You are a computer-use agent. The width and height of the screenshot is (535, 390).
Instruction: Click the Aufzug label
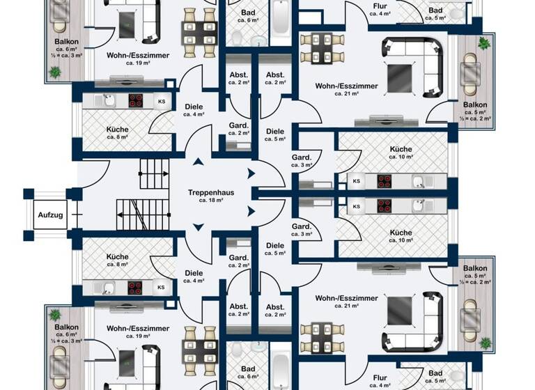50,215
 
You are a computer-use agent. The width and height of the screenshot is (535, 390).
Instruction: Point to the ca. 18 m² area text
209,201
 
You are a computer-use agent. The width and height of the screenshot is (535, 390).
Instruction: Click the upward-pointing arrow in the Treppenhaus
199,162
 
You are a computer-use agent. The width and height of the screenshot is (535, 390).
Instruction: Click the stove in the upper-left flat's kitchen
135,101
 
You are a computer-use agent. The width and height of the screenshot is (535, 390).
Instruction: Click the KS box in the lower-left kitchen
161,287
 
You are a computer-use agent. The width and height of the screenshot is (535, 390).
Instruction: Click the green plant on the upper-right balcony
483,45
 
